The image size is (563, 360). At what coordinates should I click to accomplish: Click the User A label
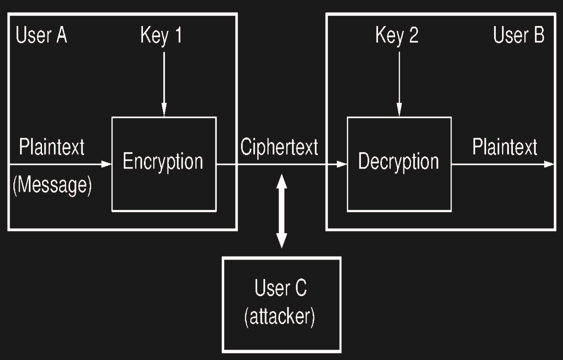point(42,35)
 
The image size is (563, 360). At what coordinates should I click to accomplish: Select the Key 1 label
point(161,36)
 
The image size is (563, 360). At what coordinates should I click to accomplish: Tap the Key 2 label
point(397,36)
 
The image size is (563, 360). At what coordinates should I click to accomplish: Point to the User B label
point(518,35)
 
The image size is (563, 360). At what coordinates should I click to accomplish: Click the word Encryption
point(163,162)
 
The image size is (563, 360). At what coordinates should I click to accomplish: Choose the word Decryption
point(399,162)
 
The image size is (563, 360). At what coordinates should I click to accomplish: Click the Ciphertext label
point(279,147)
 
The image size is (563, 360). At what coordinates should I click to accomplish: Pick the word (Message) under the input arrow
point(52,185)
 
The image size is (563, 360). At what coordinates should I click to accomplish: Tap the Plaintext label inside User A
point(52,147)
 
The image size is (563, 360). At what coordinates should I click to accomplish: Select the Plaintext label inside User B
point(504,147)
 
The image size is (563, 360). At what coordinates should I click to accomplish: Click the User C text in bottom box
point(281,288)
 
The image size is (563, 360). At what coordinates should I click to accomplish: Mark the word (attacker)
point(280,316)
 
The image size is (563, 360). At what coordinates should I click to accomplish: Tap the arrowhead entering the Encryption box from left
point(107,164)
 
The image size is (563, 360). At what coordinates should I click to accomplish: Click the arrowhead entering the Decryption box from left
point(342,164)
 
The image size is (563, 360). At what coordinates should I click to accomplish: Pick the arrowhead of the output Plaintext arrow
point(550,164)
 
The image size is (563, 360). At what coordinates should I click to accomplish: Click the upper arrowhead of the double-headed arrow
point(281,181)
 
